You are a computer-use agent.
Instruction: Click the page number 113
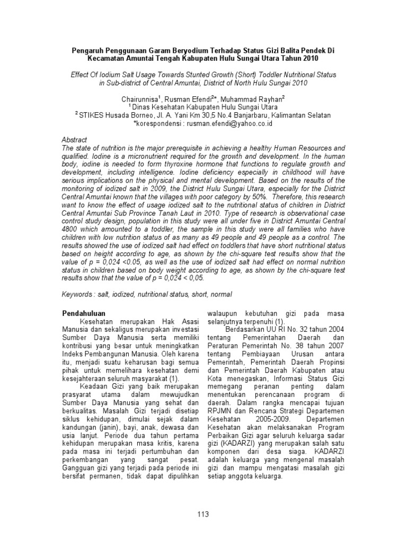[x=203, y=514]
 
